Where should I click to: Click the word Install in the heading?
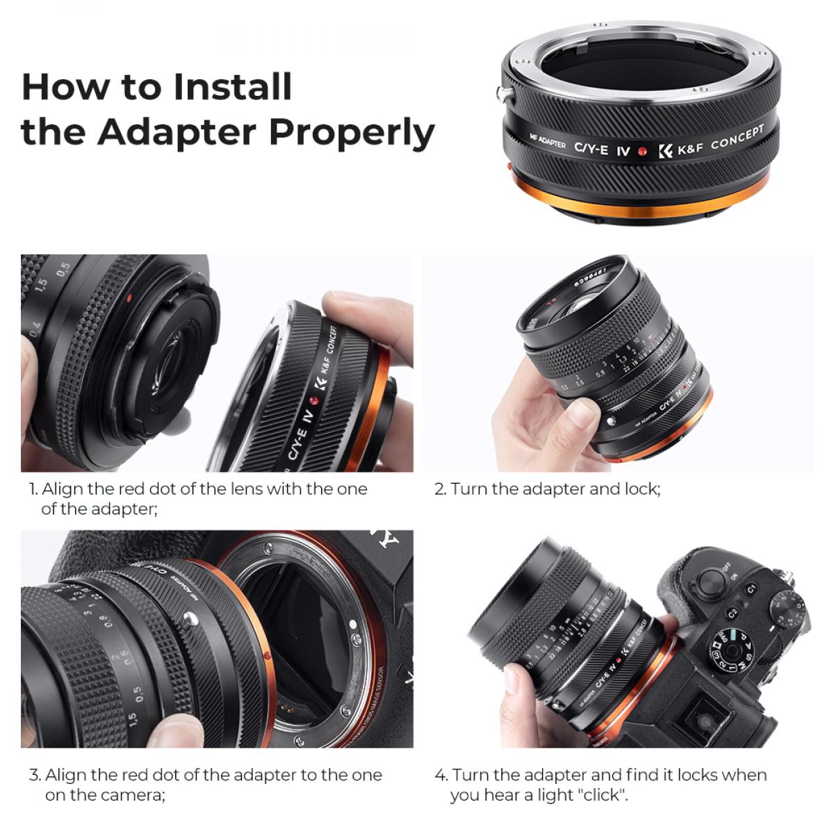click(x=233, y=86)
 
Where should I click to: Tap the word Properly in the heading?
click(x=352, y=132)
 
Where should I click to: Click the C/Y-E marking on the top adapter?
click(x=591, y=147)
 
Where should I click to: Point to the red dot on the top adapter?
click(x=644, y=149)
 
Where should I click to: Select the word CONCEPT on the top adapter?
click(x=737, y=137)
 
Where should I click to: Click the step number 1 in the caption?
click(x=33, y=489)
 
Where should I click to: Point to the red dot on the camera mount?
click(x=268, y=655)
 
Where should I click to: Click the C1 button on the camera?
click(x=751, y=589)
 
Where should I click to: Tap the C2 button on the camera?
click(x=732, y=614)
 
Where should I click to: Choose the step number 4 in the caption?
click(x=441, y=775)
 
